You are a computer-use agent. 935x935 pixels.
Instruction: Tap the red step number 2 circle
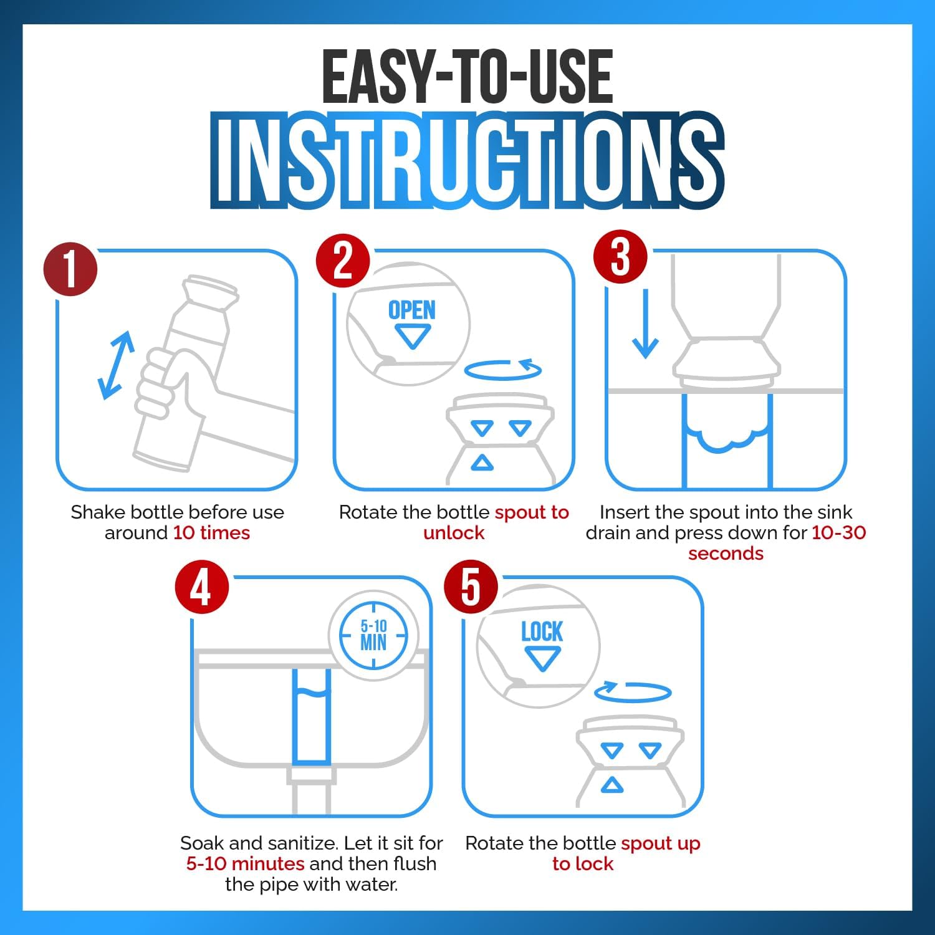coord(343,261)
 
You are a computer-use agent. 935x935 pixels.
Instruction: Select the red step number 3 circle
coord(620,256)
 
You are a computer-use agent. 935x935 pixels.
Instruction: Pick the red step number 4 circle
coord(201,587)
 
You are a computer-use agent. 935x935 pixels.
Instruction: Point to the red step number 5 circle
coord(471,587)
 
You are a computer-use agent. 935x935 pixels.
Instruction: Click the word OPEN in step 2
coord(412,310)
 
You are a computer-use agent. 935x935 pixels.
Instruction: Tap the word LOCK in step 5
coord(542,631)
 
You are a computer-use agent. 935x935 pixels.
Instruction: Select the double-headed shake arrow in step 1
coord(117,365)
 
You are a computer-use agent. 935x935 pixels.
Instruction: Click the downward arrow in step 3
coord(645,324)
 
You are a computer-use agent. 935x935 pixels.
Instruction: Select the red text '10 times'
coord(211,533)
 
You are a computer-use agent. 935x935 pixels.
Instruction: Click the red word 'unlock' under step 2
coord(454,533)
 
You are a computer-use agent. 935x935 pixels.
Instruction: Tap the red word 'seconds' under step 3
coord(726,554)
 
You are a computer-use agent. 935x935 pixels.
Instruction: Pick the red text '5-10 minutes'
coord(246,864)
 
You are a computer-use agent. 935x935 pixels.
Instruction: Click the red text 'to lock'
coord(583,864)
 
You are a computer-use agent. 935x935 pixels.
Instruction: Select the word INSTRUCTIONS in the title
coord(467,160)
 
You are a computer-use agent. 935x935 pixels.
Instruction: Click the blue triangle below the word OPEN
coord(412,337)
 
